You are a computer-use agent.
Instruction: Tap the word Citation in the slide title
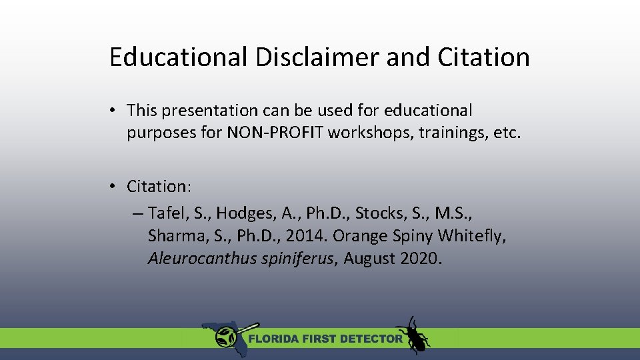484,57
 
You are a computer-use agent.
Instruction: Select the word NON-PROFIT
276,133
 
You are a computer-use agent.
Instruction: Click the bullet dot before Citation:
115,185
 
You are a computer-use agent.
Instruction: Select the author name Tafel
167,213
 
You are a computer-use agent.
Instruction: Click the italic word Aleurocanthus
202,259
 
